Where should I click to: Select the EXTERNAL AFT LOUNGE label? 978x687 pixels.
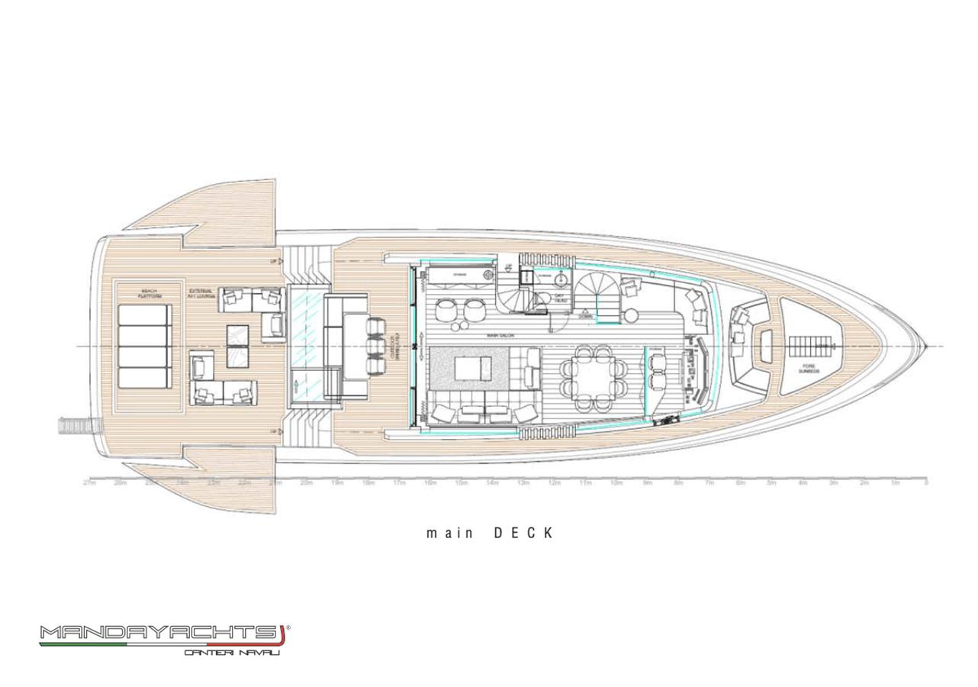coord(201,294)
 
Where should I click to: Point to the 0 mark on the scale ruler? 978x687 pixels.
coord(925,483)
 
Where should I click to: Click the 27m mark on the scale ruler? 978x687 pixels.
coord(89,483)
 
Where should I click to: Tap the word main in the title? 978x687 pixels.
coord(442,534)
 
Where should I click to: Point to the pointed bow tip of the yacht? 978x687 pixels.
coord(925,347)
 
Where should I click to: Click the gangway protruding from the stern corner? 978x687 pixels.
coord(77,424)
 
